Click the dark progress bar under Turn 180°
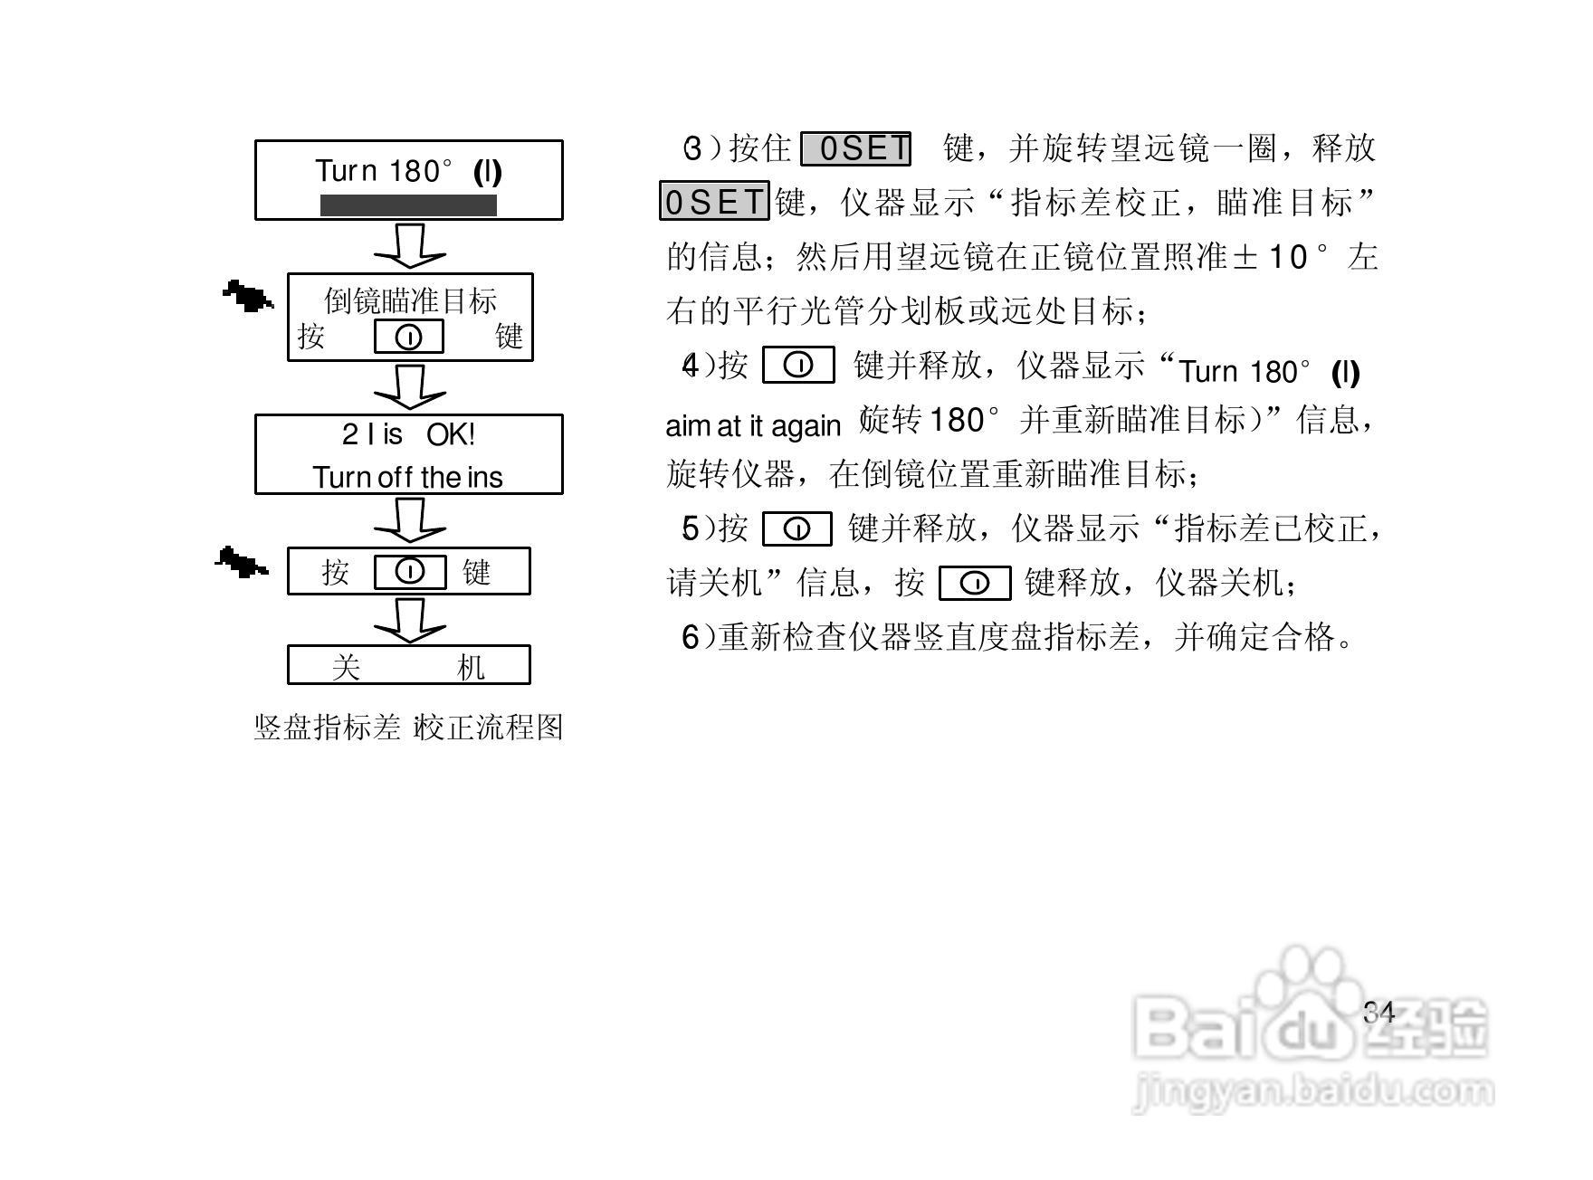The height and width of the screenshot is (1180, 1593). [408, 205]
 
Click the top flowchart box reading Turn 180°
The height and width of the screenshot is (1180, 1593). [408, 179]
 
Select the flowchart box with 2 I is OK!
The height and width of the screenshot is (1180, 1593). [408, 454]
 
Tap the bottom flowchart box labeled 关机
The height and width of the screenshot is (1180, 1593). [408, 665]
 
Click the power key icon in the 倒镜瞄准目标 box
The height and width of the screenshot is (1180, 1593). [409, 337]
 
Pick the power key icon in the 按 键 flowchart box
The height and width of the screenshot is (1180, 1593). [410, 572]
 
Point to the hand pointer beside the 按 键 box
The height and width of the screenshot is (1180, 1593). [242, 563]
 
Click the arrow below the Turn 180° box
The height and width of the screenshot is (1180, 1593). [410, 245]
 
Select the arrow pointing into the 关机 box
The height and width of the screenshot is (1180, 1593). [410, 620]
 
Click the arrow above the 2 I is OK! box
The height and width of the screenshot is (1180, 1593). [410, 387]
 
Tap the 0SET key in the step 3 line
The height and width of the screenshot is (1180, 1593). [856, 148]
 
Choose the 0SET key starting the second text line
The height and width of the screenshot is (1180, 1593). [714, 202]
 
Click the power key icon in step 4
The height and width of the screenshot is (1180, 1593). [798, 366]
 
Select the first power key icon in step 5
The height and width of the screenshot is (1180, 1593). [797, 529]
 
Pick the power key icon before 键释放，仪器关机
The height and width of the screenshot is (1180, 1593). [975, 584]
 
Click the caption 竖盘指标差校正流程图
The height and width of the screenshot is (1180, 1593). [408, 728]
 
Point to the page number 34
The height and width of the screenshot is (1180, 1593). [1379, 1013]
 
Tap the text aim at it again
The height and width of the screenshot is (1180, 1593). [753, 425]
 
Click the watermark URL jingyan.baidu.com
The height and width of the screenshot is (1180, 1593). [1312, 1090]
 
